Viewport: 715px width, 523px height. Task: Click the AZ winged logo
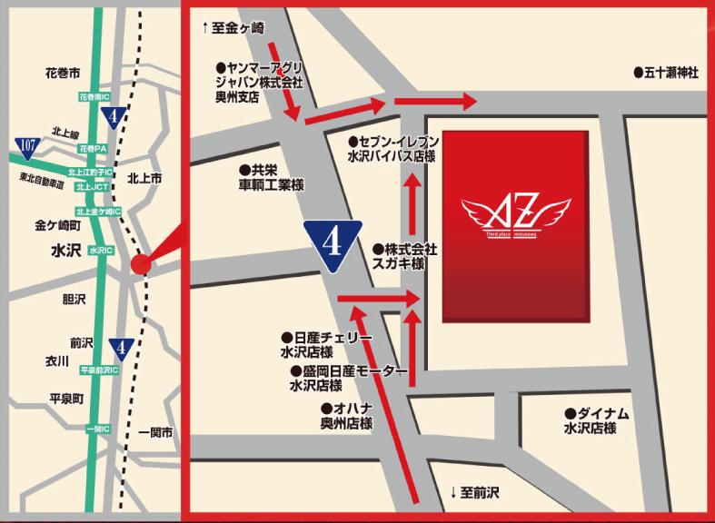pos(515,218)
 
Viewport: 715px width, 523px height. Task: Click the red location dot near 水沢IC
pos(140,263)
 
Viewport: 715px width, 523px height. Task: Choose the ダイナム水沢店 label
pos(596,420)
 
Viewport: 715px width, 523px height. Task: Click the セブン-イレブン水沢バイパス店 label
pos(393,149)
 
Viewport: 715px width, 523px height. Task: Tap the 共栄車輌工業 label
pos(271,177)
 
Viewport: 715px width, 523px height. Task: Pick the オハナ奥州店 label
pos(346,417)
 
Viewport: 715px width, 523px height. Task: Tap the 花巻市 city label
pos(63,71)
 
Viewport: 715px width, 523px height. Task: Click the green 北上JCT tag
pos(93,187)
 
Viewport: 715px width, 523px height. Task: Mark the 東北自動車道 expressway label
pos(43,184)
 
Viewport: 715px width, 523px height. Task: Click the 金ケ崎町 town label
pos(58,224)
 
